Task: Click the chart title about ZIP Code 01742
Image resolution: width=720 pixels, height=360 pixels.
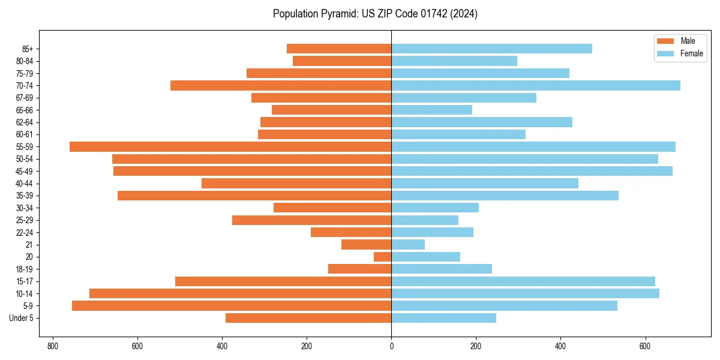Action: [x=375, y=14]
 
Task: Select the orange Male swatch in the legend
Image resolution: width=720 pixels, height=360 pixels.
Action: [x=666, y=41]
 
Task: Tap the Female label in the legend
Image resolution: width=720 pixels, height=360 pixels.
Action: [x=691, y=53]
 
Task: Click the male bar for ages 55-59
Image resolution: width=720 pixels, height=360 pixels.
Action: [x=230, y=146]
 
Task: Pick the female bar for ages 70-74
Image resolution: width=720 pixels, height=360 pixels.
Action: [x=536, y=85]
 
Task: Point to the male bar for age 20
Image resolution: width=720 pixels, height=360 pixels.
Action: [x=383, y=257]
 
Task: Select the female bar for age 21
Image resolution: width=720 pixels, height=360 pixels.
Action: [x=408, y=245]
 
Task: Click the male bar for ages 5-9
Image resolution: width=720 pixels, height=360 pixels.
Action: [x=232, y=306]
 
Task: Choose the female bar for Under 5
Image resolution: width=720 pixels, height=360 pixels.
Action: [x=444, y=318]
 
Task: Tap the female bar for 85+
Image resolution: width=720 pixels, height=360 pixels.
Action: [x=492, y=49]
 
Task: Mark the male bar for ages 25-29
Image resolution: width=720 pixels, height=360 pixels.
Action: [x=312, y=220]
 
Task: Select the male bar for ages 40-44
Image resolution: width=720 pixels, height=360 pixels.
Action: [x=296, y=183]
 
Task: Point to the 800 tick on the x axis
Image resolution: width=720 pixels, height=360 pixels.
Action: [x=53, y=346]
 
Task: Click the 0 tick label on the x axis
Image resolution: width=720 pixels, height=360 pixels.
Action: [x=391, y=346]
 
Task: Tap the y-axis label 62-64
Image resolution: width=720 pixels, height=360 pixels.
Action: [x=24, y=122]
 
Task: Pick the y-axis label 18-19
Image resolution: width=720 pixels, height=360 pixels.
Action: [x=24, y=269]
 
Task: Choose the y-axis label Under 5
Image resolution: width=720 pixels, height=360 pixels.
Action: [x=22, y=318]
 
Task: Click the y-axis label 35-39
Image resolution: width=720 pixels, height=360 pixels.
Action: [x=24, y=196]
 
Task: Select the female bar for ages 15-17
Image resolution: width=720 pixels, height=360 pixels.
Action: [x=523, y=281]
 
